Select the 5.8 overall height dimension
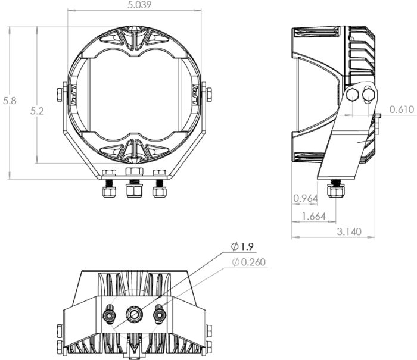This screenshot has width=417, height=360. (10, 101)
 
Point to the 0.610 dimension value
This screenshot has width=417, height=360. (402, 109)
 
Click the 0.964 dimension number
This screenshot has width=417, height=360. (305, 198)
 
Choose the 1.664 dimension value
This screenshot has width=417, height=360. (313, 217)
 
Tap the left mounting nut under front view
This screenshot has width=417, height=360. (109, 192)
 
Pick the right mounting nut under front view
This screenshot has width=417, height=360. (159, 192)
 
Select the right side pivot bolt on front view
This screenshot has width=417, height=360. (208, 94)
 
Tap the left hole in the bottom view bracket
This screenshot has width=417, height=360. (110, 313)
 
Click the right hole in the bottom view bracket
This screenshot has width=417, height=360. (158, 313)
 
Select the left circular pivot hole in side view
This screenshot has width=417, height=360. (353, 95)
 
